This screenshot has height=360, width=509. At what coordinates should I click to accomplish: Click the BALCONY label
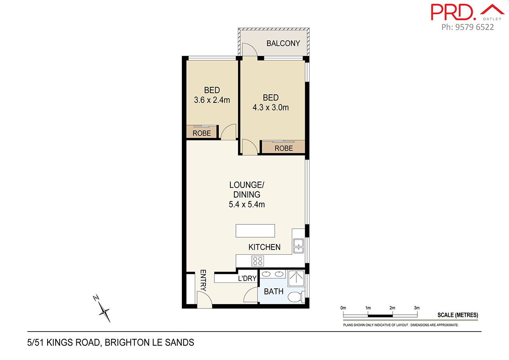(x=283, y=43)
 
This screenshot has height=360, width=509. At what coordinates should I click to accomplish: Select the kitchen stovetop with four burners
(x=257, y=261)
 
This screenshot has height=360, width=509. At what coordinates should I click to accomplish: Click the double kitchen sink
(x=298, y=246)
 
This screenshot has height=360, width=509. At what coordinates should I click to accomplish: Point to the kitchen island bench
(x=255, y=231)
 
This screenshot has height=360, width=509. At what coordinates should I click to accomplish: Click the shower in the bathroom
(x=296, y=278)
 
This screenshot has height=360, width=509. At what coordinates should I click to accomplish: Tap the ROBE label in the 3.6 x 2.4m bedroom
(x=202, y=133)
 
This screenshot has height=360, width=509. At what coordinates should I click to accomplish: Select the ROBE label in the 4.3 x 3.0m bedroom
(x=283, y=148)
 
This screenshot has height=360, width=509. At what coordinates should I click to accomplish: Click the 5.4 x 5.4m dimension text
(x=247, y=204)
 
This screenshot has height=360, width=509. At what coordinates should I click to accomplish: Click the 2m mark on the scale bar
(x=392, y=308)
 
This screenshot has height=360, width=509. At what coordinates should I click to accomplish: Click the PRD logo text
(x=451, y=12)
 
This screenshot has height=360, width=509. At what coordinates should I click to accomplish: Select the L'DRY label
(x=247, y=278)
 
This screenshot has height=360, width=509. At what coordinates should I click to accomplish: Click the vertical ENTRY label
(x=203, y=281)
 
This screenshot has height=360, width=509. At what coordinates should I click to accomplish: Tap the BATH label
(x=273, y=292)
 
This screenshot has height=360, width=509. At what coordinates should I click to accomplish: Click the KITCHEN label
(x=264, y=247)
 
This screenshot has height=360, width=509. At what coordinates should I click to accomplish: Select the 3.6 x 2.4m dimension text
(x=212, y=100)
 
